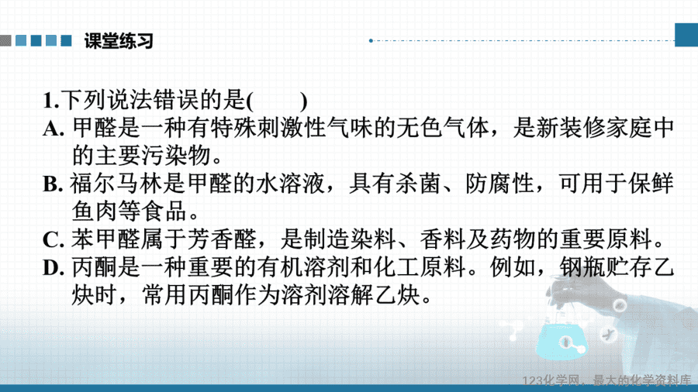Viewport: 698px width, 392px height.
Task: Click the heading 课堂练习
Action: (119, 41)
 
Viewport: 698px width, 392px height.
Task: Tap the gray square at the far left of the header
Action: (5, 41)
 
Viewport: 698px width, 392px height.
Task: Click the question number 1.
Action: (50, 101)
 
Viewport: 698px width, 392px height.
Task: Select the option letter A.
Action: (54, 129)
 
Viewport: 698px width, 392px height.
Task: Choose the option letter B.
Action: (53, 184)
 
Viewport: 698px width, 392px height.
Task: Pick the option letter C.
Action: (53, 240)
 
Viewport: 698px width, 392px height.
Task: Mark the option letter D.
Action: (54, 268)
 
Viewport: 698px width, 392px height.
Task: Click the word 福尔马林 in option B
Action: (116, 184)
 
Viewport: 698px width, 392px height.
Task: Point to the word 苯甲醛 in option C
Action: (105, 239)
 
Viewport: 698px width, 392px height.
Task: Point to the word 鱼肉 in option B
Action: (94, 211)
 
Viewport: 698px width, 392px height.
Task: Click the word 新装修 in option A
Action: (571, 128)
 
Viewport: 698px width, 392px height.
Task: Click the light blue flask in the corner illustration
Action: (562, 340)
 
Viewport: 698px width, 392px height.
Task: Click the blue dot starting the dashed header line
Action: (371, 41)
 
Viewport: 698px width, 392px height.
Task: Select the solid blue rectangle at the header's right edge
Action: (686, 35)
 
